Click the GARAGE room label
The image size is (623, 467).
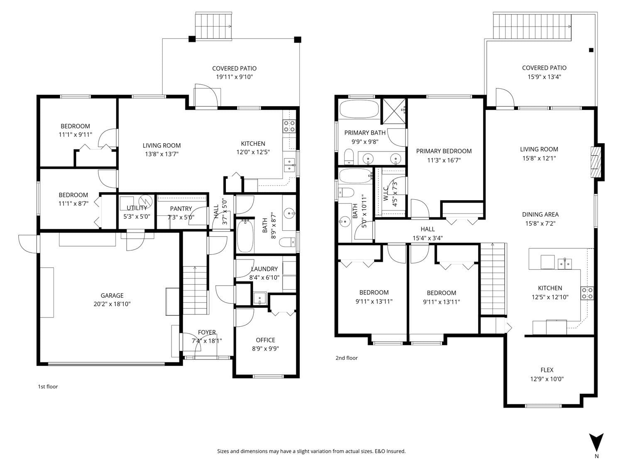pyautogui.click(x=112, y=295)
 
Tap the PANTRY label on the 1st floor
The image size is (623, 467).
pyautogui.click(x=181, y=209)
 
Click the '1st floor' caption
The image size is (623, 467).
pyautogui.click(x=48, y=386)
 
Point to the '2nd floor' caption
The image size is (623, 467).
pyautogui.click(x=346, y=358)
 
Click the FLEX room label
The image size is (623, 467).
pyautogui.click(x=547, y=370)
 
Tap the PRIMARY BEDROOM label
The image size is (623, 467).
pyautogui.click(x=444, y=151)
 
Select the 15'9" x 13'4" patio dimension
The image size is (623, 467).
pyautogui.click(x=544, y=76)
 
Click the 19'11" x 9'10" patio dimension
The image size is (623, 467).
pyautogui.click(x=234, y=77)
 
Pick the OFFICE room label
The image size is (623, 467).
pyautogui.click(x=265, y=340)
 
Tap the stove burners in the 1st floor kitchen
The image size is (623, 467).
pyautogui.click(x=289, y=126)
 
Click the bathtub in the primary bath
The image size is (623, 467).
pyautogui.click(x=359, y=109)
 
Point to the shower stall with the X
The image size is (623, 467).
pyautogui.click(x=394, y=111)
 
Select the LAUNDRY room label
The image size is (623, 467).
pyautogui.click(x=264, y=269)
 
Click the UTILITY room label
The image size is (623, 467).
pyautogui.click(x=137, y=208)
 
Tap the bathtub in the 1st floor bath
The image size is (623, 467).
pyautogui.click(x=245, y=236)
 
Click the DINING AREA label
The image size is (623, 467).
pyautogui.click(x=540, y=214)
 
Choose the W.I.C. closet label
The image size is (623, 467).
pyautogui.click(x=385, y=194)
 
